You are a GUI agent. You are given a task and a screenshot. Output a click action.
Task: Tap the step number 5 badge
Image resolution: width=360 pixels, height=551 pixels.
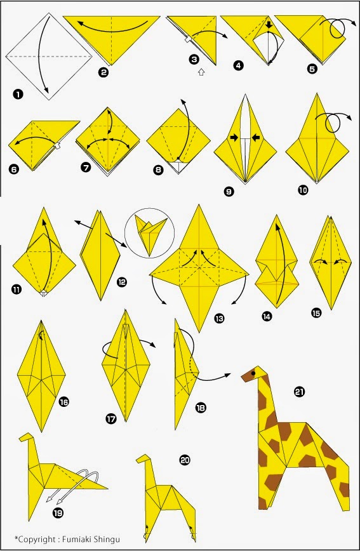312,68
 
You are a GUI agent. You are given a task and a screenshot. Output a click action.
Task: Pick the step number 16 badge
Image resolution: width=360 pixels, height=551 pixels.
63,401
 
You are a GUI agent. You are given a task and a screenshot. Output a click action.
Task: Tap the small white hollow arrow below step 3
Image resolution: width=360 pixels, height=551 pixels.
201,72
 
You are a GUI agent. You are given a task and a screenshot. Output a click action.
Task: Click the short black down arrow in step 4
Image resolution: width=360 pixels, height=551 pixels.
269,26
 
